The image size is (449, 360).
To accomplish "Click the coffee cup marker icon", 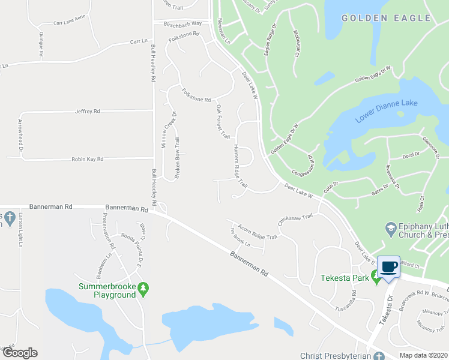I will click(388, 266).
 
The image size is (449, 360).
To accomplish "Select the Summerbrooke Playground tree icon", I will click(143, 289).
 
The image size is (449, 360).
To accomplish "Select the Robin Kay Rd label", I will click(88, 159).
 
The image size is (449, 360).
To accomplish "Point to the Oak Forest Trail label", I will click(223, 122).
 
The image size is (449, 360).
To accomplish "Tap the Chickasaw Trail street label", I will click(295, 220).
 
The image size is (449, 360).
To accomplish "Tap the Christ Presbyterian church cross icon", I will click(378, 356).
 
